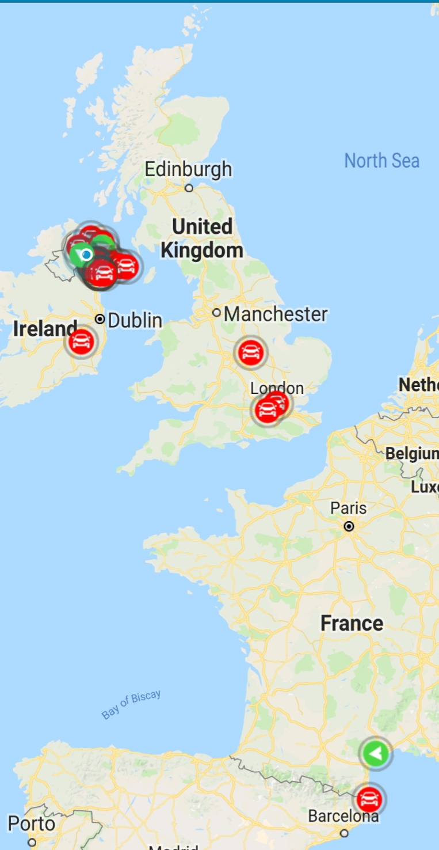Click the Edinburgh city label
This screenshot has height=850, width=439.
tap(188, 170)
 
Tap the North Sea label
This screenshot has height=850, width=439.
tap(381, 161)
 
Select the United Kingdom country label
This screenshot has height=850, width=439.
tap(201, 238)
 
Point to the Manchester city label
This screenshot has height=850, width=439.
tap(276, 314)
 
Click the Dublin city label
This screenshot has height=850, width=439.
tap(135, 320)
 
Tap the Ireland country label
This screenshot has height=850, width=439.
tap(45, 329)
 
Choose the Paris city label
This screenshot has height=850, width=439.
tap(348, 509)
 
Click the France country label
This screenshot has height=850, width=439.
tap(352, 623)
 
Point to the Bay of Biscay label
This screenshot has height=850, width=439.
tap(131, 705)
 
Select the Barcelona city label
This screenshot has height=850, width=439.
tap(343, 816)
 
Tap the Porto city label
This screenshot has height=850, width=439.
tap(32, 824)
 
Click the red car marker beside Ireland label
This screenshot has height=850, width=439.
tap(81, 343)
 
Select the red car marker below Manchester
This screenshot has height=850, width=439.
tap(251, 352)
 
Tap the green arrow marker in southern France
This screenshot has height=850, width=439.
tap(376, 753)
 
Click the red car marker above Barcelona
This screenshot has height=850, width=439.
tap(368, 799)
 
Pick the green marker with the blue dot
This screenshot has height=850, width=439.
tap(83, 254)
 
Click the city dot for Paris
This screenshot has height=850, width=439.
tap(349, 526)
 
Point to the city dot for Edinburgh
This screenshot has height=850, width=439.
tap(189, 188)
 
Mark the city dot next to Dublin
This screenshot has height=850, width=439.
tap(100, 319)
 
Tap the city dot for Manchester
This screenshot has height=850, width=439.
tap(216, 313)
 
